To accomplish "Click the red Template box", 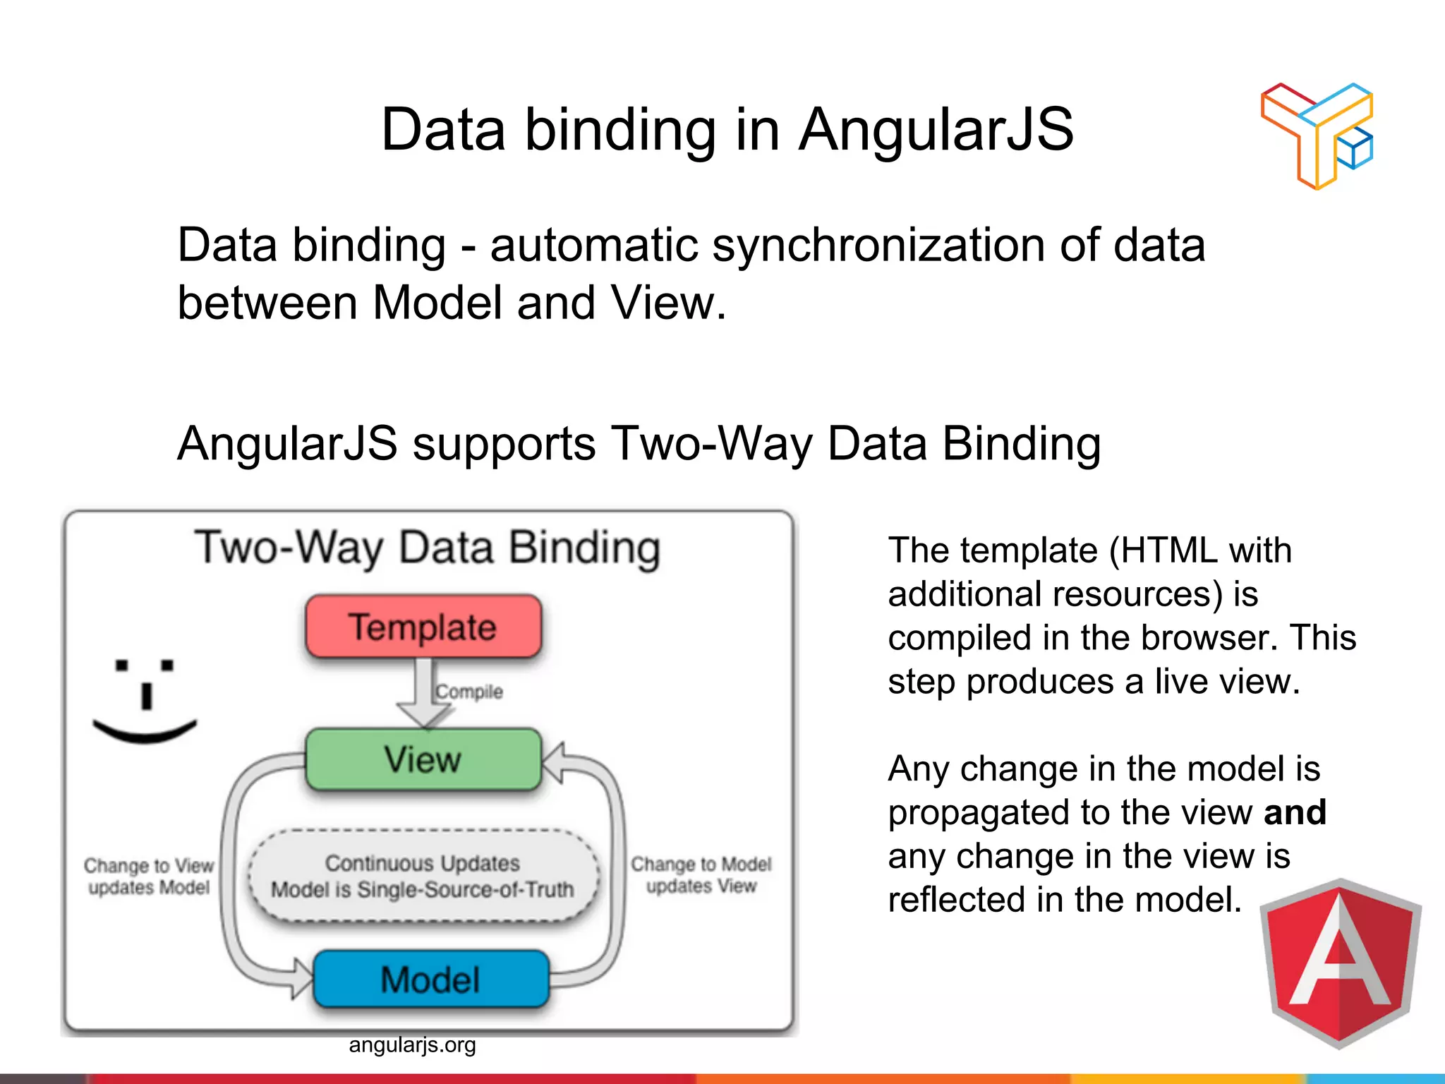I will pyautogui.click(x=423, y=626).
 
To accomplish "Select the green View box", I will pyautogui.click(x=423, y=759).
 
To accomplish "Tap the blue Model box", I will pyautogui.click(x=430, y=979).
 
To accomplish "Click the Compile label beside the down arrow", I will pyautogui.click(x=469, y=692).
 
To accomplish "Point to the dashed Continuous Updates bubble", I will pyautogui.click(x=423, y=876).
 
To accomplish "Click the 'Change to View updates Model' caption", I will pyautogui.click(x=149, y=876).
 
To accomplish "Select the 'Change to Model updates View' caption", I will pyautogui.click(x=701, y=874).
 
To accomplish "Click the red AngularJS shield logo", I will pyautogui.click(x=1339, y=963).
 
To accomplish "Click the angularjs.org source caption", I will pyautogui.click(x=412, y=1044).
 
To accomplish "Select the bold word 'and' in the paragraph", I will pyautogui.click(x=1295, y=812).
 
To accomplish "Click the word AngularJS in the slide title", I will pyautogui.click(x=936, y=130).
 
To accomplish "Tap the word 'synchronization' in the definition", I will pyautogui.click(x=878, y=246).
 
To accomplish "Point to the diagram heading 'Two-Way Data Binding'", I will pyautogui.click(x=428, y=548).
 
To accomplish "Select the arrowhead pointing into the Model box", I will pyautogui.click(x=301, y=977).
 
